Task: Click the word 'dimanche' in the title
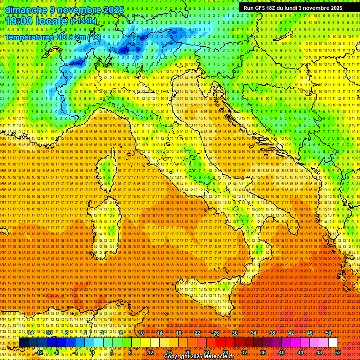point(23,9)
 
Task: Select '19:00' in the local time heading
point(18,21)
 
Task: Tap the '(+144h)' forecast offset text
point(83,21)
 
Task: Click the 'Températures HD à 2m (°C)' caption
point(53,37)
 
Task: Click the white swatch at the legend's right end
point(333,343)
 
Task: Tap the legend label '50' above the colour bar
point(329,333)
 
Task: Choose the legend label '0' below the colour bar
point(93,352)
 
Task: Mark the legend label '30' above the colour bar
point(234,333)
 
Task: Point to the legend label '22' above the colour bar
point(197,333)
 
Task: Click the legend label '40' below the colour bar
point(282,352)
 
